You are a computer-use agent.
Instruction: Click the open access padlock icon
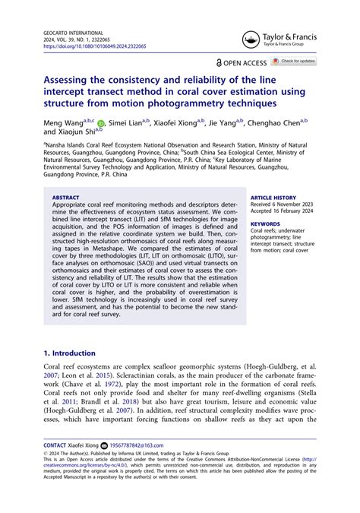coord(220,62)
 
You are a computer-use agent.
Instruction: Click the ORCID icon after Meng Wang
coord(102,123)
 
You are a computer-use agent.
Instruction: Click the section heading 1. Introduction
coord(71,353)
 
